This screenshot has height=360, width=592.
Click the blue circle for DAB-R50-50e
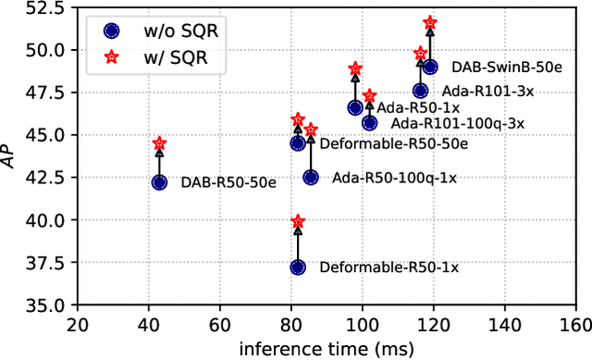coord(159,182)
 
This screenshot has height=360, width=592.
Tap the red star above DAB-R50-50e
coord(159,143)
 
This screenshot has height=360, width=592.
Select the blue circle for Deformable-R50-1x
coord(297,267)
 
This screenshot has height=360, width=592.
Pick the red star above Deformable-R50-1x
coord(297,221)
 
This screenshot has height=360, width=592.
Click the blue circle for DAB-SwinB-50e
coord(429,67)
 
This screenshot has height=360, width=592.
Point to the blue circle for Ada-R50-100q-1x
coord(310,177)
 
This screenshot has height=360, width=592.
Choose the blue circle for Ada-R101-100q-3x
coord(369,122)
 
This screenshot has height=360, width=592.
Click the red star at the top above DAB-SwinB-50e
coord(429,22)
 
